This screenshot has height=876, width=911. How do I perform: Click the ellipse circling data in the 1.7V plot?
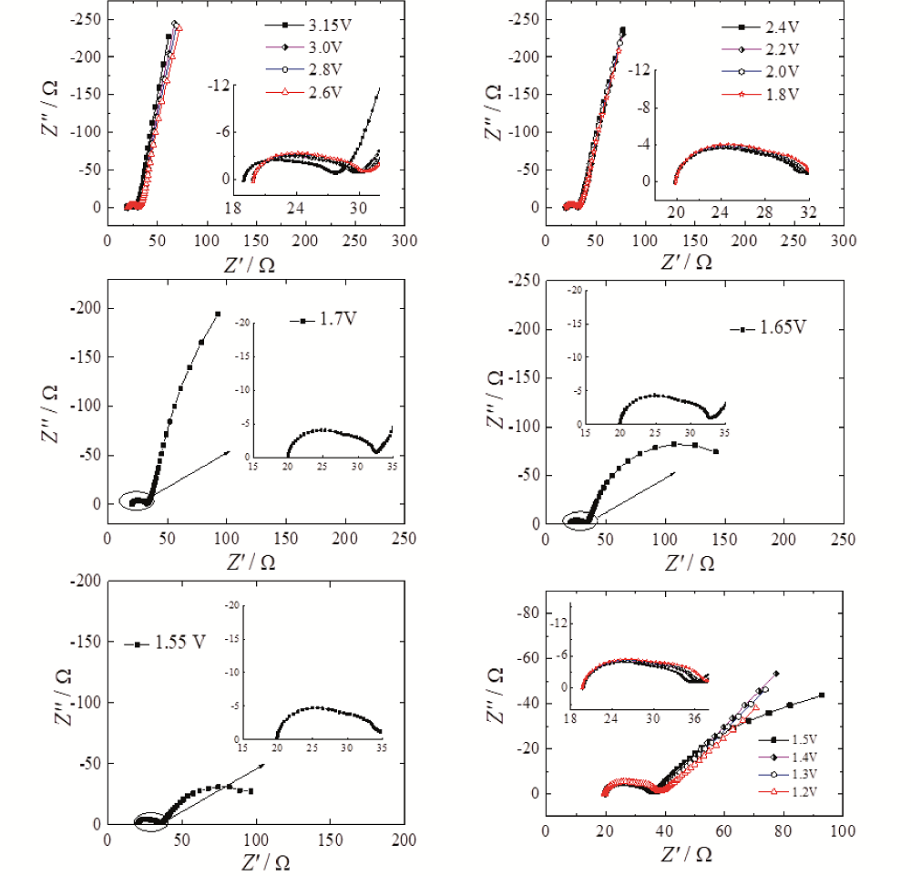[138, 500]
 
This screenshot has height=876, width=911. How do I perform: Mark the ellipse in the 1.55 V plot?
[152, 821]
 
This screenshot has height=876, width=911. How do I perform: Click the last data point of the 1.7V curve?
[218, 314]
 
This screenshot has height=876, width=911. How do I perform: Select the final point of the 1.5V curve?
[822, 695]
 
